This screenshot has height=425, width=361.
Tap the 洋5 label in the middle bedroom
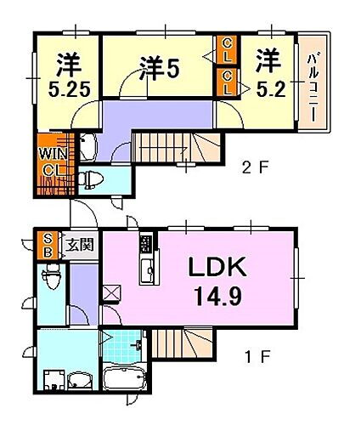pos(158,68)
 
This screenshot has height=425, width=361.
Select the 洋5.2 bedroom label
pos(269,71)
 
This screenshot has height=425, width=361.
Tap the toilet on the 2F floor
pos(93,179)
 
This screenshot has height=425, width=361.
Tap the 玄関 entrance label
pos(82,246)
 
